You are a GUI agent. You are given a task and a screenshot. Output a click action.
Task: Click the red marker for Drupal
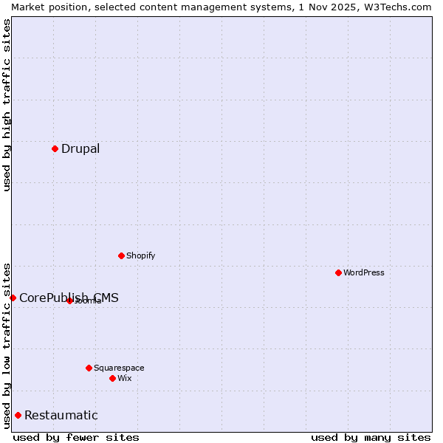[x=55, y=148]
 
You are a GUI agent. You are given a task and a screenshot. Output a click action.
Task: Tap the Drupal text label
[x=80, y=149]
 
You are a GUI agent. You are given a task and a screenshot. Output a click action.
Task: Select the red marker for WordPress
[x=338, y=272]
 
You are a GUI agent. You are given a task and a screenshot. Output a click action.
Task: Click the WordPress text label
[x=364, y=272]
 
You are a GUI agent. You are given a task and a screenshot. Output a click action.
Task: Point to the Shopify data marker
[x=121, y=255]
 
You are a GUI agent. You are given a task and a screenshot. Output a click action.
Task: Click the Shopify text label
[x=140, y=256]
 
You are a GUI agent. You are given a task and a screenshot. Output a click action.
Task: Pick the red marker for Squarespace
[x=89, y=368]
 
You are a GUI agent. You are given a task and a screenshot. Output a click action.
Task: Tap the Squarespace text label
[x=119, y=368]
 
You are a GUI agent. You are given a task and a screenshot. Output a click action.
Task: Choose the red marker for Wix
[x=112, y=378]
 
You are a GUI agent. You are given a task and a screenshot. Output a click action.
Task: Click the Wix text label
[x=125, y=378]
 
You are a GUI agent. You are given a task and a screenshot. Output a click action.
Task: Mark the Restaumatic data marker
[x=18, y=415]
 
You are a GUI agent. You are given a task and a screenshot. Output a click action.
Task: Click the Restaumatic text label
[x=61, y=416]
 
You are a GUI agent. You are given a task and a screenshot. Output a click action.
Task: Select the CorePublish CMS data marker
[x=13, y=298]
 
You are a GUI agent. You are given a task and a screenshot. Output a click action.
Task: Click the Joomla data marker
[x=69, y=301]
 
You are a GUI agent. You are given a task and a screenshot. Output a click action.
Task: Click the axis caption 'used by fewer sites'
[x=76, y=437]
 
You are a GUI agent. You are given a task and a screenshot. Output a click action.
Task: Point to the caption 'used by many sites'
[x=371, y=437]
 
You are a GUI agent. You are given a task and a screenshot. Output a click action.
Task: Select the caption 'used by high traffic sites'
[x=7, y=105]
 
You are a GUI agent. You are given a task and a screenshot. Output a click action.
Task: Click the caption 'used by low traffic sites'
[x=7, y=345]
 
